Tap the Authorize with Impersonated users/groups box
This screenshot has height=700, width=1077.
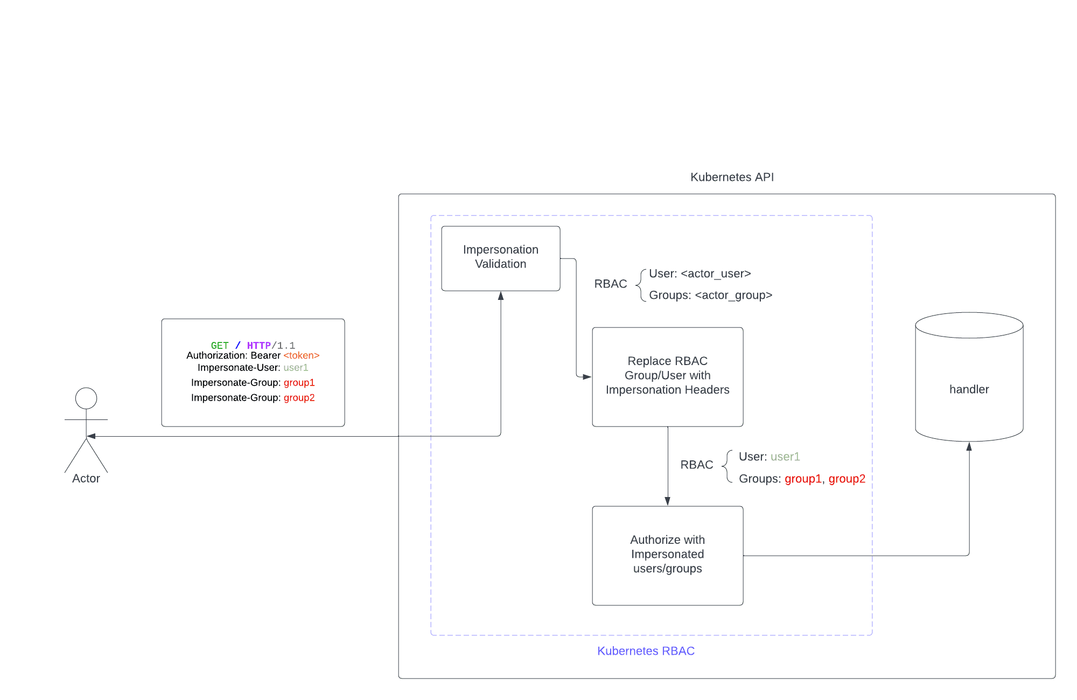667,555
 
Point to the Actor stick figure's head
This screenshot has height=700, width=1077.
86,398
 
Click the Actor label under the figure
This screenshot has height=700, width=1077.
86,479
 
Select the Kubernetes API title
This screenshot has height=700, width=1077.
732,177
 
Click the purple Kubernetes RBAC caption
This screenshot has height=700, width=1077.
646,651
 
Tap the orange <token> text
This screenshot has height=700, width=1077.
302,355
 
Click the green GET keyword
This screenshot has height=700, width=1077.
220,345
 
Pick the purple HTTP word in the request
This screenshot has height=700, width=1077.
258,345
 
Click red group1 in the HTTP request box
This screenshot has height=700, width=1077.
299,383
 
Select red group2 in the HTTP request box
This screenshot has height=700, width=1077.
299,398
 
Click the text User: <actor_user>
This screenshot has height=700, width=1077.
700,274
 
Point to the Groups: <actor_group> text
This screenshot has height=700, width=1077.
710,295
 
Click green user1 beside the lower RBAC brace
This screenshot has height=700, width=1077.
785,457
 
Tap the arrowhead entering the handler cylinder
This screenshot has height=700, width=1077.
969,446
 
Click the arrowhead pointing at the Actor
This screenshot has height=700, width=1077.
91,436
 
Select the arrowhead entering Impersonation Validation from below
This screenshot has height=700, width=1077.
501,296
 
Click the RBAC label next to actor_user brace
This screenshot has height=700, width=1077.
610,284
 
